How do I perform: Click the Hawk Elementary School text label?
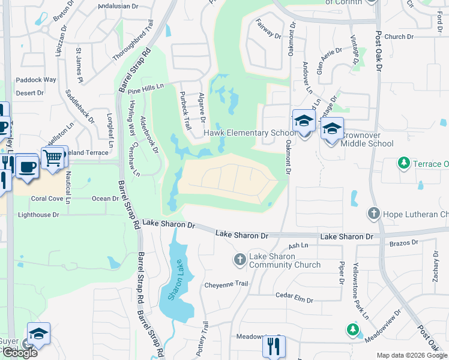point(247,133)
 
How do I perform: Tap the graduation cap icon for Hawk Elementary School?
point(304,121)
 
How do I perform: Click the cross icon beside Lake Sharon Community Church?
point(240,259)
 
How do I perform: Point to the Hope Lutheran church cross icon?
point(373,214)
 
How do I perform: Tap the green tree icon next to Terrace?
point(404,163)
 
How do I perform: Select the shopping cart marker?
point(53,157)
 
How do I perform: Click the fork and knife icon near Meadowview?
point(273,346)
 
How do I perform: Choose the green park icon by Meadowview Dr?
point(352,329)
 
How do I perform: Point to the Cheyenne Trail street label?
point(226,284)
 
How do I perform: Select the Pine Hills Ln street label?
point(145,88)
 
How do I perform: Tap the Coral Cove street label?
point(47,199)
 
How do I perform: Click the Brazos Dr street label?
point(405,242)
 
